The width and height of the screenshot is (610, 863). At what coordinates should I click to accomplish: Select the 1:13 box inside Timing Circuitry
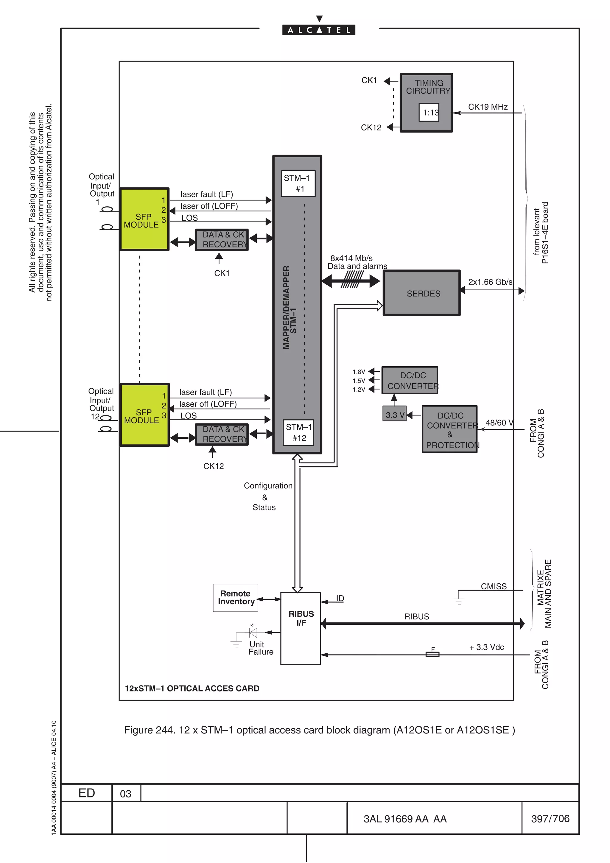[x=429, y=112]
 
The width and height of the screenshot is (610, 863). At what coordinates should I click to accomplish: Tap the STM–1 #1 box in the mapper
[x=298, y=183]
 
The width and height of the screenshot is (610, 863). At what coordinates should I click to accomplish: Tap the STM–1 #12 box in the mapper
[x=298, y=432]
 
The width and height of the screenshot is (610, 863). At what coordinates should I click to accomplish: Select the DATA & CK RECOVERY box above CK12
[x=222, y=434]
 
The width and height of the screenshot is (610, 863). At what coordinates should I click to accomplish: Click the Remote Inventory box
[x=235, y=598]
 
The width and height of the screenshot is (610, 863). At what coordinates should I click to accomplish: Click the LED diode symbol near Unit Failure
[x=253, y=633]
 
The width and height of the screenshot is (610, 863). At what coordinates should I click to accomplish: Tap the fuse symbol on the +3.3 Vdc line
[x=432, y=654]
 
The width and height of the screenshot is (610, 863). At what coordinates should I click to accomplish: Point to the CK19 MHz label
[x=488, y=107]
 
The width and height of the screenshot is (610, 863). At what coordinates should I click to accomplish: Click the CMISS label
[x=494, y=586]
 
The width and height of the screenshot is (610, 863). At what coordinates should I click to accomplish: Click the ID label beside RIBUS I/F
[x=340, y=598]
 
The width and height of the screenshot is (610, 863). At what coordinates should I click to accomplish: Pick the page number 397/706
[x=550, y=818]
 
